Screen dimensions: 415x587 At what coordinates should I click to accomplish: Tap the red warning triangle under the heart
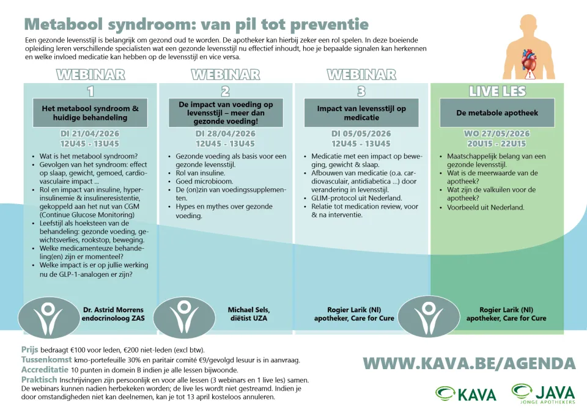(530, 76)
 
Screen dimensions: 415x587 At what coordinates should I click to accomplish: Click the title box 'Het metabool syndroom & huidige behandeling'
(89, 112)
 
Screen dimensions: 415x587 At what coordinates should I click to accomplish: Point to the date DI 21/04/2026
(89, 134)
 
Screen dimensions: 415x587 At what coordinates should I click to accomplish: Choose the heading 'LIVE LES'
(497, 92)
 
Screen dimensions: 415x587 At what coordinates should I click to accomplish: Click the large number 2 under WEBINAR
(225, 92)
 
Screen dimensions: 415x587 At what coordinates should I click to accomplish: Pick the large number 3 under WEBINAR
(361, 92)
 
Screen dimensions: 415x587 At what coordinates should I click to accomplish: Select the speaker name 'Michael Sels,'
(248, 309)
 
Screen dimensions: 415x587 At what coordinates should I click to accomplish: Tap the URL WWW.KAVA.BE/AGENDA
(469, 364)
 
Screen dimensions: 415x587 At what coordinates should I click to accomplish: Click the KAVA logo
(465, 394)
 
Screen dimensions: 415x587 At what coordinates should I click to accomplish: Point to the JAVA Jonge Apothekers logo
(543, 393)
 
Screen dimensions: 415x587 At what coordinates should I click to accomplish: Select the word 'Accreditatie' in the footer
(44, 370)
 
